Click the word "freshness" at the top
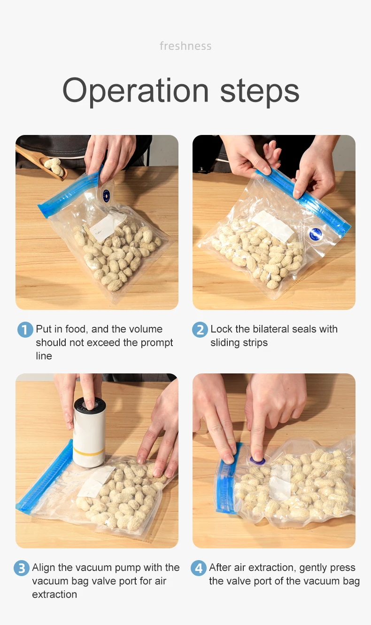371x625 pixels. [185, 46]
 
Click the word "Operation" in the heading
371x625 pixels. [135, 90]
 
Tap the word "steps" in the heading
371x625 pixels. [260, 90]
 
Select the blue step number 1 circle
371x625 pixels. [25, 330]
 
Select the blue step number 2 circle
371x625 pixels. [200, 330]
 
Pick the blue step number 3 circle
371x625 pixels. [21, 568]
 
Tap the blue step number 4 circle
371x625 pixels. [199, 568]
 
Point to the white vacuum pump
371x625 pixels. [89, 433]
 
